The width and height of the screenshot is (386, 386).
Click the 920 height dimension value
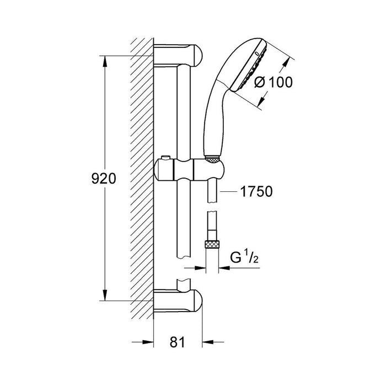(x=103, y=178)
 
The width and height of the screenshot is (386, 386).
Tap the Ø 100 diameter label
(x=272, y=82)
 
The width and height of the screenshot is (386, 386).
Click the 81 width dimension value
(x=176, y=342)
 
